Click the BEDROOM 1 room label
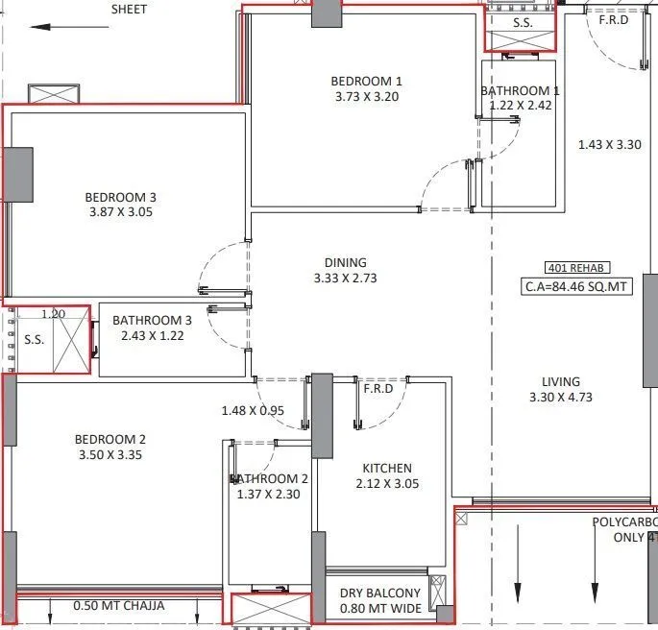(367, 81)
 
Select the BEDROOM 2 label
(110, 440)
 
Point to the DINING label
(346, 262)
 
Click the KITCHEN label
(387, 468)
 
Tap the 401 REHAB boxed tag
(576, 268)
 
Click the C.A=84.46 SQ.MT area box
(576, 285)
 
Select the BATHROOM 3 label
(153, 321)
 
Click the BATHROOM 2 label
(269, 478)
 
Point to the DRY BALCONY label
(380, 593)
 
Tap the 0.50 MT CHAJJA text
(119, 606)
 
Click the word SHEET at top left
(130, 9)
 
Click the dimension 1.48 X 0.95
(252, 411)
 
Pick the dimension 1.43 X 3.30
(609, 144)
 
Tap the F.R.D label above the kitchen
(375, 389)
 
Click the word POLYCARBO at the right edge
(623, 522)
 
